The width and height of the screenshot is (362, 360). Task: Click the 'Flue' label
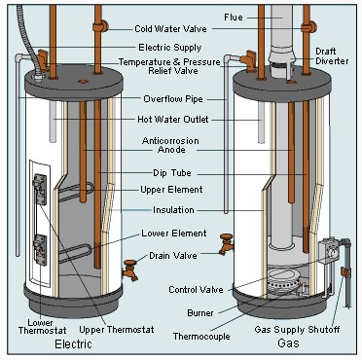(x=234, y=18)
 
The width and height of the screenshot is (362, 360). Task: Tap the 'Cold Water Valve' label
(x=170, y=29)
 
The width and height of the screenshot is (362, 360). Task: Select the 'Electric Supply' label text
(x=170, y=48)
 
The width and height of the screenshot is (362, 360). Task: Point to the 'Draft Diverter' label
(x=332, y=56)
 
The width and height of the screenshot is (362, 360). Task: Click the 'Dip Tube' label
(x=172, y=173)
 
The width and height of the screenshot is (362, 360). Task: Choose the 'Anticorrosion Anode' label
(x=170, y=145)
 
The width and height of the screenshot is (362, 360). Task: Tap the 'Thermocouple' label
(x=201, y=337)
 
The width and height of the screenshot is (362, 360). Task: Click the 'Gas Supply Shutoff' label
(x=297, y=330)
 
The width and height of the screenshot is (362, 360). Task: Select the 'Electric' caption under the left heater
(x=73, y=344)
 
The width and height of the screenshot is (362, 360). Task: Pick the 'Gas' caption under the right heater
(x=288, y=343)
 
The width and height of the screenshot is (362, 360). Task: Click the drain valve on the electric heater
(x=130, y=270)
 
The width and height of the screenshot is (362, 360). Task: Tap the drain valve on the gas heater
(x=226, y=244)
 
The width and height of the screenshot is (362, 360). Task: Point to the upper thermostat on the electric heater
(x=40, y=190)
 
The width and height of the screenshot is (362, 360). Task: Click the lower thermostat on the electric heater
(x=40, y=250)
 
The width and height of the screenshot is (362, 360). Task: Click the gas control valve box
(x=329, y=250)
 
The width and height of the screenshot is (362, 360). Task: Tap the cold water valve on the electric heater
(x=100, y=25)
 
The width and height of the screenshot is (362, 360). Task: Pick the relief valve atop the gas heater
(x=249, y=60)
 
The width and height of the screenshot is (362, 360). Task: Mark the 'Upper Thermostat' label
(x=117, y=330)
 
